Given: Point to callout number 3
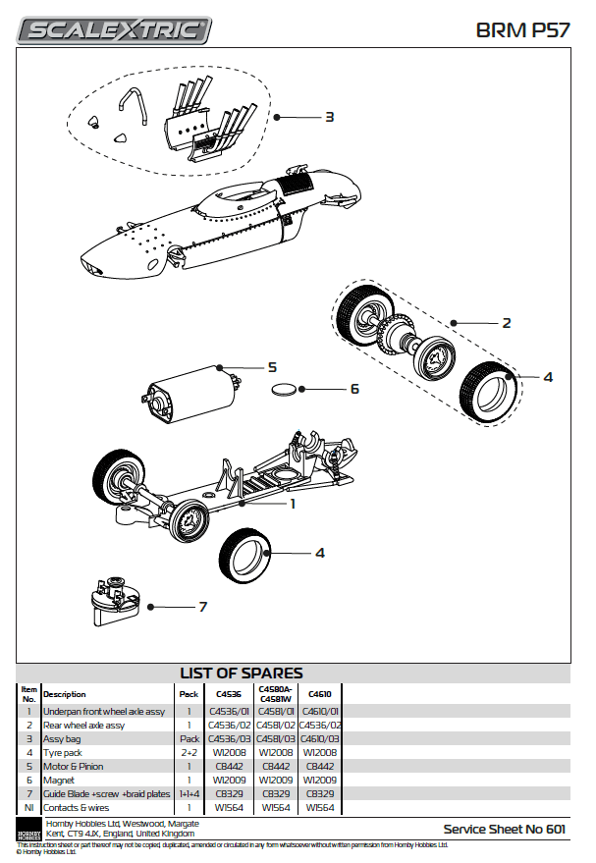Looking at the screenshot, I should pos(330,117).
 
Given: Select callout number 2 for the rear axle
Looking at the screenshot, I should pos(507,322).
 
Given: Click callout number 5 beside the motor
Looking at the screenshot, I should pos(272,367).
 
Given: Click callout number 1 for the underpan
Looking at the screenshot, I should pos(292,504).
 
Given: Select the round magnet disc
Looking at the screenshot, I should pos(284,390).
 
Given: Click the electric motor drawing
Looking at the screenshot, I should pos(188,388).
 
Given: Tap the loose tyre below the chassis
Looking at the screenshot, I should pos(245,556).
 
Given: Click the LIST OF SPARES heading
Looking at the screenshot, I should pos(241,674).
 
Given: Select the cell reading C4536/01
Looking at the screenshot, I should pos(232,711).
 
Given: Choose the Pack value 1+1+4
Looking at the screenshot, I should pos(189,793).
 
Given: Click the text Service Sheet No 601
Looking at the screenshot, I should pos(504,829).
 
